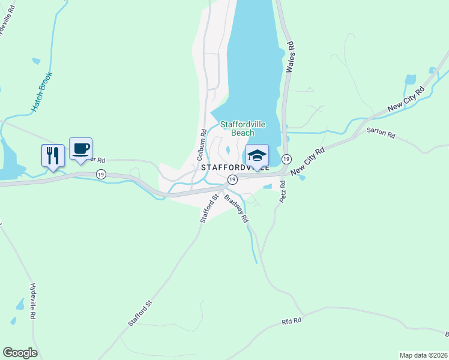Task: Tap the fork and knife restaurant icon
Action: (x=52, y=156)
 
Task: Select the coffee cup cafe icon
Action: (x=80, y=149)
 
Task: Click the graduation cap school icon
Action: (x=257, y=155)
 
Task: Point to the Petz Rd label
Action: (x=283, y=191)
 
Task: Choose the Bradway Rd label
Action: (x=237, y=208)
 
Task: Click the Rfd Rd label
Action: (x=290, y=322)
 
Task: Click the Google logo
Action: (x=20, y=353)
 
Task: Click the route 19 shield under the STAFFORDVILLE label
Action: (x=231, y=179)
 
